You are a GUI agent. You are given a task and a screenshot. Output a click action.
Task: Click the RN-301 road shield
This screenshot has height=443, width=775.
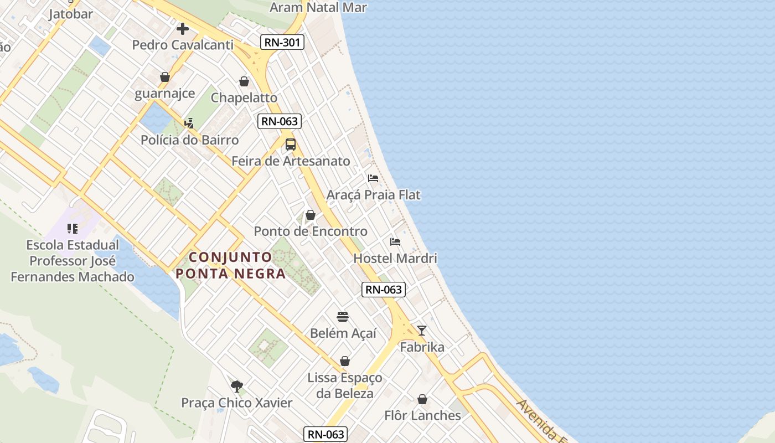[282, 42]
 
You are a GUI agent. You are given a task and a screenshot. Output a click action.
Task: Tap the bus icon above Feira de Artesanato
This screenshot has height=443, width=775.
[291, 145]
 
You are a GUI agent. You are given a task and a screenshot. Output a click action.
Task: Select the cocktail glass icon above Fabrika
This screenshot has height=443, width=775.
[422, 331]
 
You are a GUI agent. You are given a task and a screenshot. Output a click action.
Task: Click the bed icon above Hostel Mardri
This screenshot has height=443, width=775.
[395, 242]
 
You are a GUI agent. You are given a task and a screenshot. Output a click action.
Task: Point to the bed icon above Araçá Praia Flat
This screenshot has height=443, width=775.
[373, 178]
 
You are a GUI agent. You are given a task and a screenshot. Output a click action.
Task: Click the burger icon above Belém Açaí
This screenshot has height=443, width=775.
[343, 317]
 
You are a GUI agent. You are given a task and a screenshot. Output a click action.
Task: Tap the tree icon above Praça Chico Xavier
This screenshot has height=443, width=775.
[237, 386]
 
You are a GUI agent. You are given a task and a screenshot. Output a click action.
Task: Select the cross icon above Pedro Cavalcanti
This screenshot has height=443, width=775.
[183, 29]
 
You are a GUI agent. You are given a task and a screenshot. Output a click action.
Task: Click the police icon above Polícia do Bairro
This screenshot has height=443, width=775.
[189, 123]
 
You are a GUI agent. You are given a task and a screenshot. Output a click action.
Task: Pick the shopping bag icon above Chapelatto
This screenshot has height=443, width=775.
[244, 82]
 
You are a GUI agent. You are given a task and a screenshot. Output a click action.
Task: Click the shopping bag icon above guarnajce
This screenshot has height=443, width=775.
[165, 77]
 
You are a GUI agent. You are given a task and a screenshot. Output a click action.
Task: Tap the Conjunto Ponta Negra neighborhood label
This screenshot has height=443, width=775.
[230, 265]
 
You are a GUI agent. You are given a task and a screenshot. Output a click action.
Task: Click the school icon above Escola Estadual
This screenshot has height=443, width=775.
[73, 228]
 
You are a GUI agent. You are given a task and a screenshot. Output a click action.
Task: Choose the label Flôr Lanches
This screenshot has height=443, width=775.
[422, 415]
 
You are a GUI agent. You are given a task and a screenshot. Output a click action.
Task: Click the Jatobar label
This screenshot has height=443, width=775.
[70, 14]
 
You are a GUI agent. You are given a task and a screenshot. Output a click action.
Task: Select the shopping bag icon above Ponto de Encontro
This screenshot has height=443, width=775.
[311, 215]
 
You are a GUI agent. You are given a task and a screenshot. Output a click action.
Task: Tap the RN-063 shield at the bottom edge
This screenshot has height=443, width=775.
[325, 434]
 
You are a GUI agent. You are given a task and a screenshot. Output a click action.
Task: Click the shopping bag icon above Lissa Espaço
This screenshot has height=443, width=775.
[345, 362]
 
